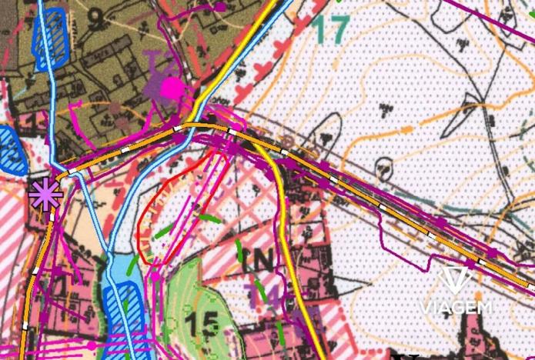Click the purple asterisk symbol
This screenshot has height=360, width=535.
[45, 193]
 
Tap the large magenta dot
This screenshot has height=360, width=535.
[172, 88]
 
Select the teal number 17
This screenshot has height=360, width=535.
[332, 28]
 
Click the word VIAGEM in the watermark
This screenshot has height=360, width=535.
[456, 308]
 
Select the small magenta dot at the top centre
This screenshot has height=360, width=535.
[221, 7]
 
